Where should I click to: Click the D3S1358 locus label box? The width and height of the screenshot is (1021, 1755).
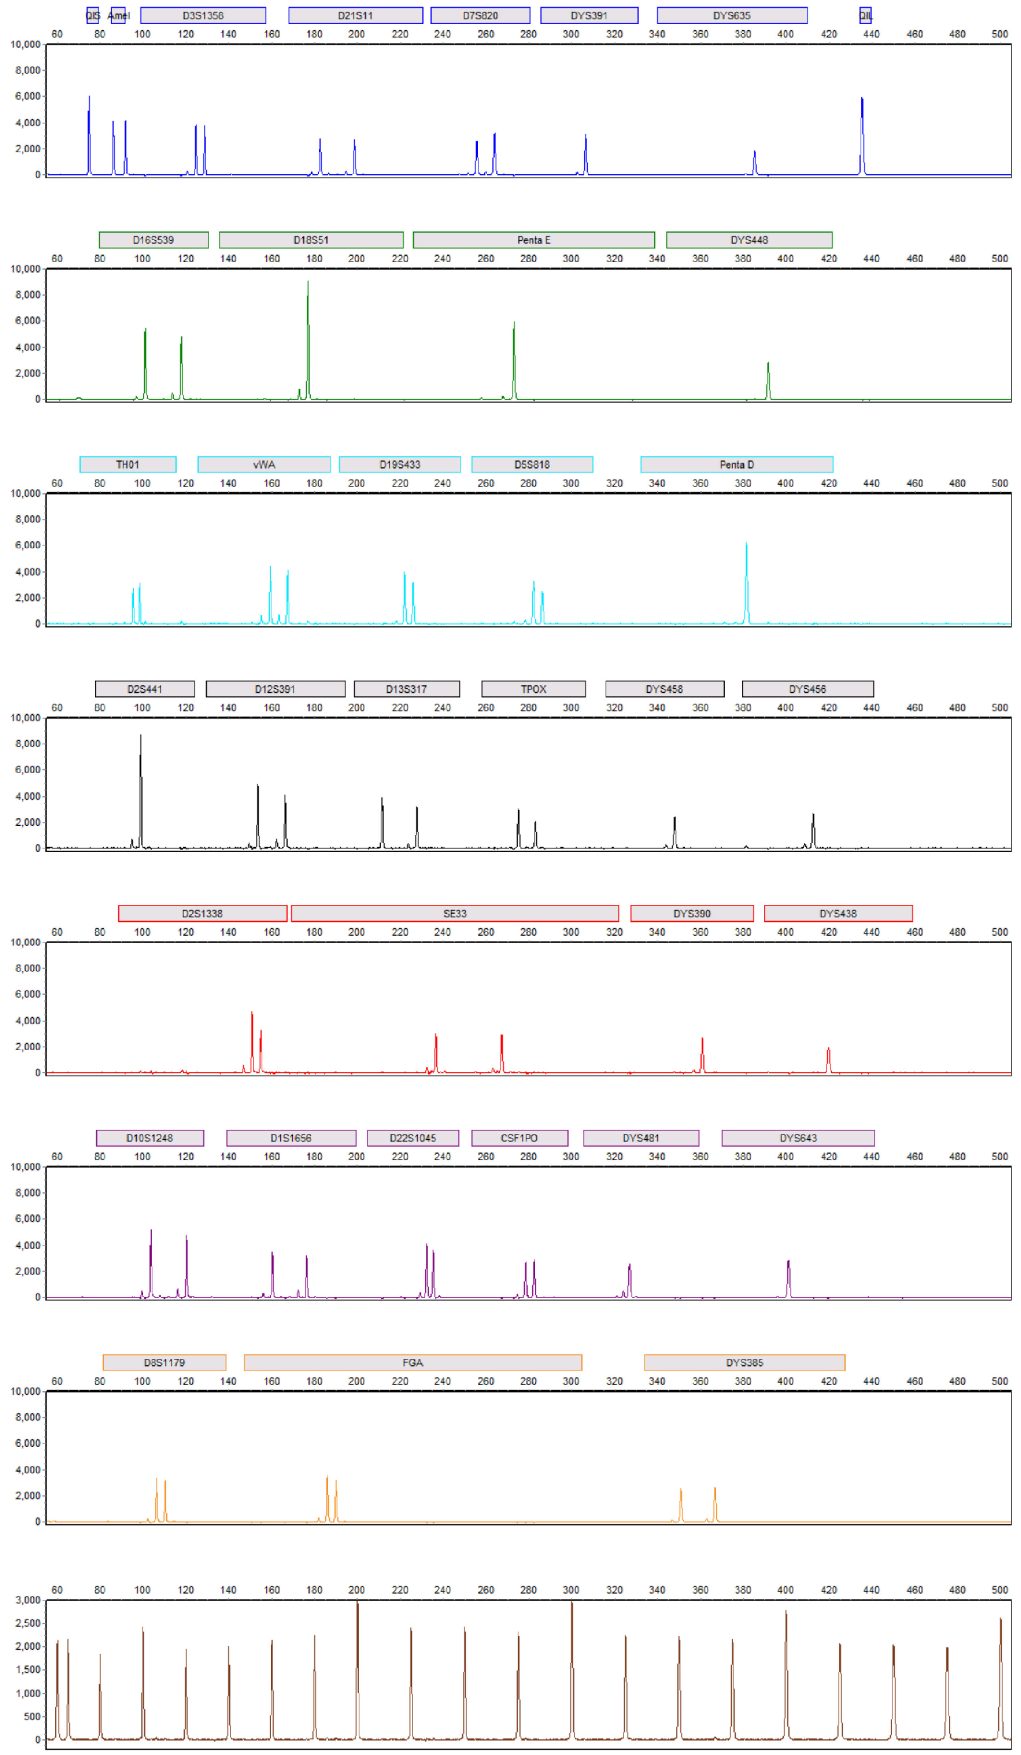tap(203, 15)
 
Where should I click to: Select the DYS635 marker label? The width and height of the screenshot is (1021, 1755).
tap(731, 15)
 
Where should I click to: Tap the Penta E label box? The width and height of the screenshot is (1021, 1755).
tap(534, 240)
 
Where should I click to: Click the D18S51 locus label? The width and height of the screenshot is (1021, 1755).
tap(311, 240)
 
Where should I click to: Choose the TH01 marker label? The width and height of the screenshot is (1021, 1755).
tap(128, 464)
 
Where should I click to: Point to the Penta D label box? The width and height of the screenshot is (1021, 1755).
tap(736, 464)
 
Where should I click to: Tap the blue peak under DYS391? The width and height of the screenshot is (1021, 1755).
tap(586, 153)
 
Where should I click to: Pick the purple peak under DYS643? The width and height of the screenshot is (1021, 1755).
tap(789, 1278)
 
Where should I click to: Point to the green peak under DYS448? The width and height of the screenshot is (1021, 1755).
tap(768, 380)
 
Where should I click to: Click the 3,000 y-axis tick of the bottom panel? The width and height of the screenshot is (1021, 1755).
tap(28, 1600)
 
